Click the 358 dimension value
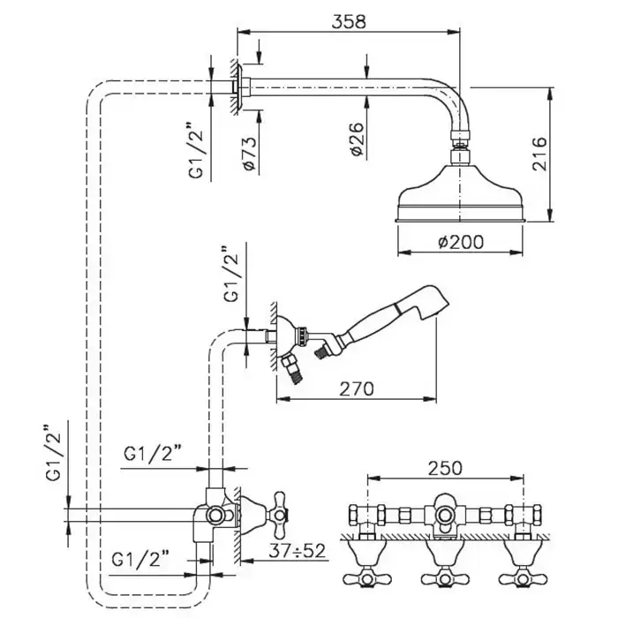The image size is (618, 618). pyautogui.click(x=349, y=19)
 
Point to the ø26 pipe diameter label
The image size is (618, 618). pyautogui.click(x=356, y=138)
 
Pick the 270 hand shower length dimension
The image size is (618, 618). pyautogui.click(x=356, y=387)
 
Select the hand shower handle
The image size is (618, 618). pyautogui.click(x=371, y=325)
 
